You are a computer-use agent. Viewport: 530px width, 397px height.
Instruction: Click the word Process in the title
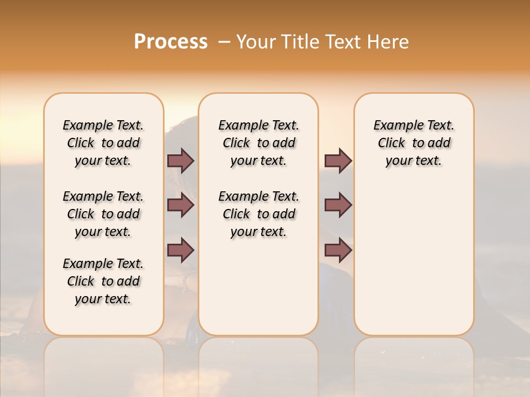tap(171, 42)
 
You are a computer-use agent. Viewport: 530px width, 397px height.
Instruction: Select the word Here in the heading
tap(387, 42)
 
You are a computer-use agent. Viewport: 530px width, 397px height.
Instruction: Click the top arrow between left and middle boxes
tap(181, 160)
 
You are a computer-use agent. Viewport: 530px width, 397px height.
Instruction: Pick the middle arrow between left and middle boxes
tap(181, 205)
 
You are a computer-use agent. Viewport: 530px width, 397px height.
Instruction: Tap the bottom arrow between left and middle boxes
tap(181, 250)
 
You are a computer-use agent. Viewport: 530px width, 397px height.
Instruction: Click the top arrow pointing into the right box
tap(338, 160)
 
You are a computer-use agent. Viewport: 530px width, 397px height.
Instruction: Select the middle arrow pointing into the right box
tap(338, 205)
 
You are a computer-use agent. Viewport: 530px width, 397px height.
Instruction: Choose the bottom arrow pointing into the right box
tap(338, 250)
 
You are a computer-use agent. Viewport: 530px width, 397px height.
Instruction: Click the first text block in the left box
tap(103, 143)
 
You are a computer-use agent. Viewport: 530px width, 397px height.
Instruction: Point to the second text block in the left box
tap(103, 214)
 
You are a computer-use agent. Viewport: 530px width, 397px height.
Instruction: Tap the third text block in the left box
tap(103, 281)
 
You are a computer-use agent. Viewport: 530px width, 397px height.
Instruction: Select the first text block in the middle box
tap(258, 143)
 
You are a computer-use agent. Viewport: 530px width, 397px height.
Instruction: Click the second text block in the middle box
tap(258, 214)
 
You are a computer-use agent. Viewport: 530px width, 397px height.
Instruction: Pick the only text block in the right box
tap(414, 143)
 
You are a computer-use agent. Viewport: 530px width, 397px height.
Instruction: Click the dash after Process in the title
tap(224, 42)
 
